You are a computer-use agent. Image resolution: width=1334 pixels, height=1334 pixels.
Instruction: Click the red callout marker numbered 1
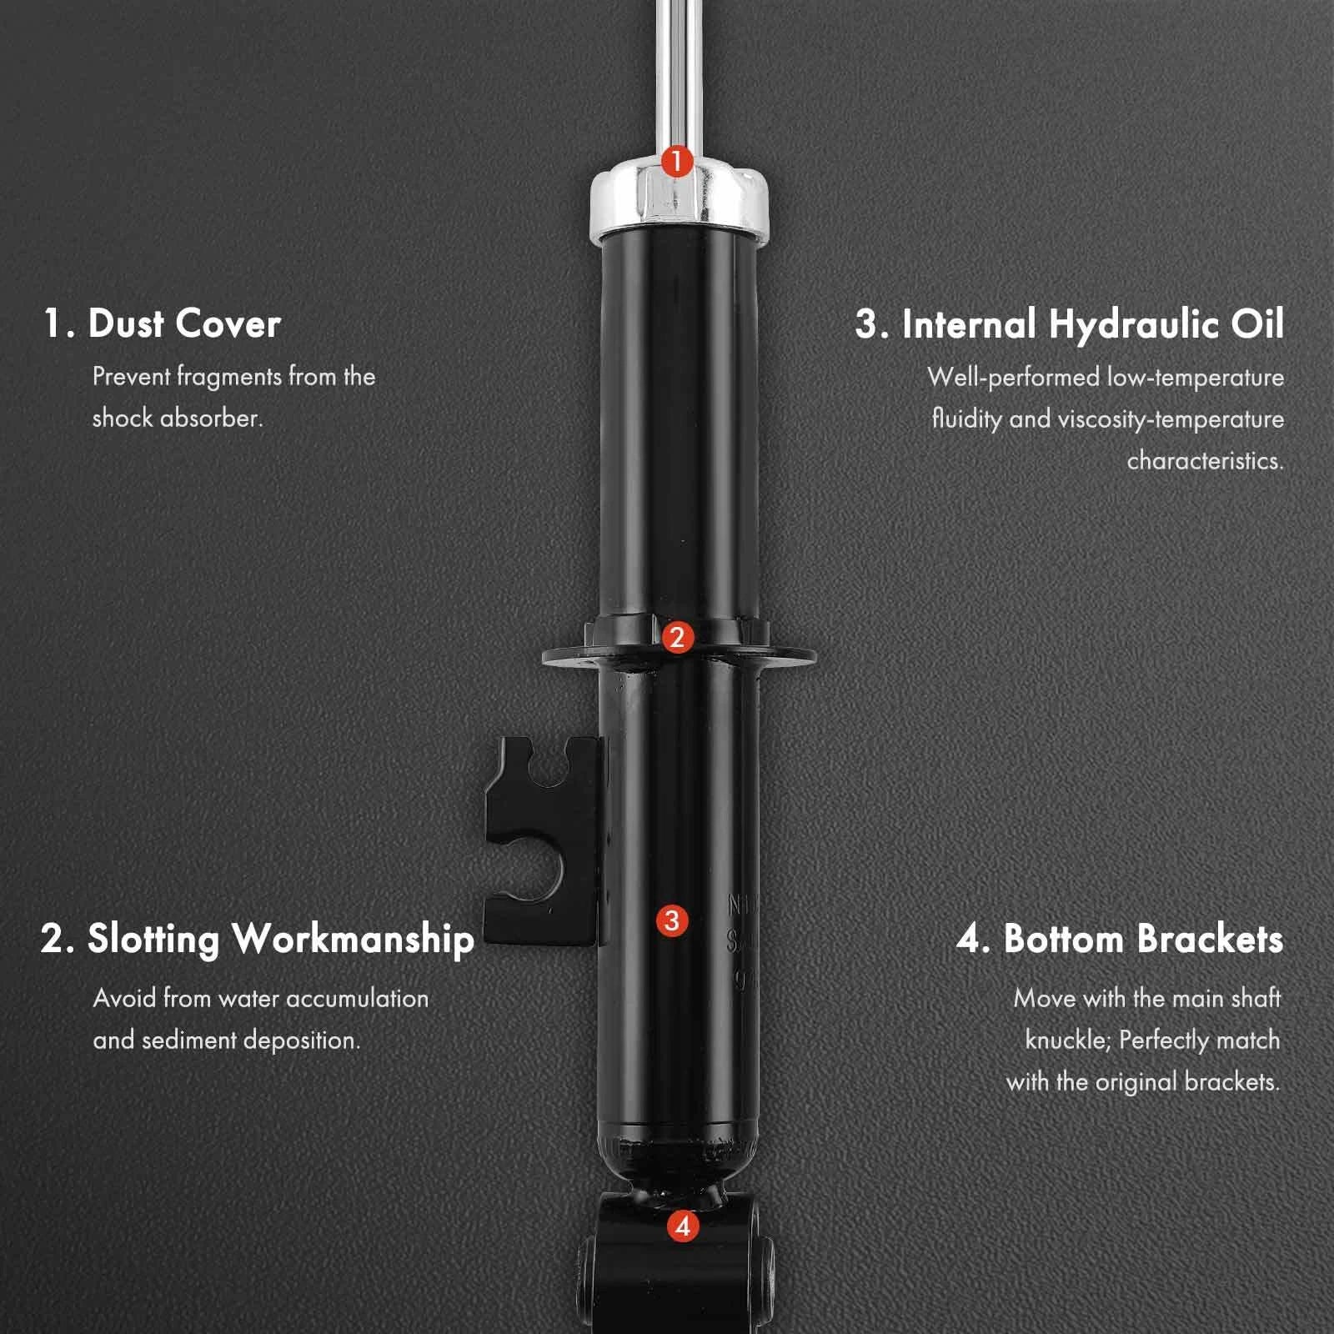click(x=676, y=160)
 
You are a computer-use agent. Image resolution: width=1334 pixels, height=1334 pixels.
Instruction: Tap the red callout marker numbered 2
click(x=676, y=638)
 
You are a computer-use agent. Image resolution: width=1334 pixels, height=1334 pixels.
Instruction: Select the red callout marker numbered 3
click(x=672, y=921)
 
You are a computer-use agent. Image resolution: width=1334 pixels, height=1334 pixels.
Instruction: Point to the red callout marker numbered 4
click(x=684, y=1226)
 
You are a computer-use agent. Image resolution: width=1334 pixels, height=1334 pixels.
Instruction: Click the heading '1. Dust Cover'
click(x=163, y=323)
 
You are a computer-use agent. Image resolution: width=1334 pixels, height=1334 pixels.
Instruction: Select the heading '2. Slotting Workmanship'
click(x=258, y=939)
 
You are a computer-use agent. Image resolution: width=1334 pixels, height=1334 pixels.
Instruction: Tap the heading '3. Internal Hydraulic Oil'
click(x=1070, y=323)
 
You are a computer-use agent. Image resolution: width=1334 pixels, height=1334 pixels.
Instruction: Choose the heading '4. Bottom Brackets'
click(x=1120, y=939)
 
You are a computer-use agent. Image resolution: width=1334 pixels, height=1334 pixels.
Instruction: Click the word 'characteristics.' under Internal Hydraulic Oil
click(x=1206, y=460)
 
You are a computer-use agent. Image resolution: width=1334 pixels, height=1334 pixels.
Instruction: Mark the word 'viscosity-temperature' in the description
click(x=1171, y=419)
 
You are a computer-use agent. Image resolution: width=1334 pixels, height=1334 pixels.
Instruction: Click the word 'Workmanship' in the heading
click(x=354, y=940)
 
